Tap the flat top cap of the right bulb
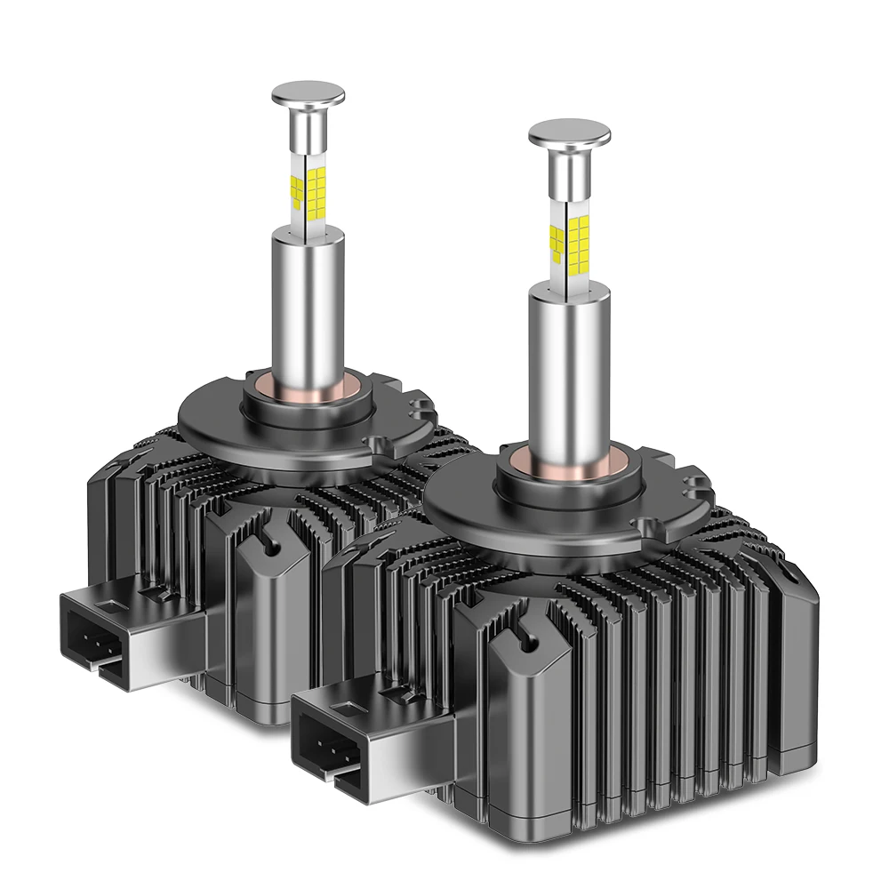click(569, 132)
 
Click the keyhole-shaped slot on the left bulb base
click(266, 539)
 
